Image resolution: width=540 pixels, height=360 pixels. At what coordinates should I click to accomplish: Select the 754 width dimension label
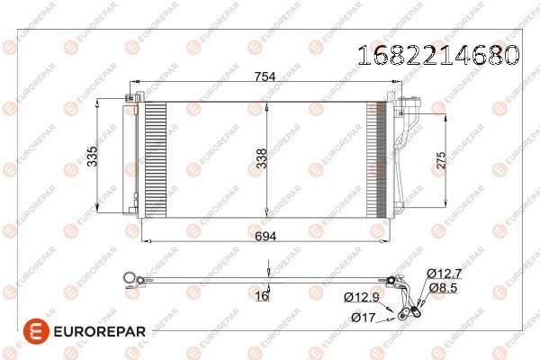[x=265, y=77]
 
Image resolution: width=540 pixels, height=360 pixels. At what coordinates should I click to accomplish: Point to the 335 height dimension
[x=93, y=158]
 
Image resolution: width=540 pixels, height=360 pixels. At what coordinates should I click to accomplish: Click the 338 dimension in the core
[x=259, y=158]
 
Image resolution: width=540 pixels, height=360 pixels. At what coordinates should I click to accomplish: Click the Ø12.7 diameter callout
[x=445, y=273]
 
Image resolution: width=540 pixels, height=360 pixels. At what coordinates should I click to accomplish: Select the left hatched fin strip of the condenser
[x=156, y=158]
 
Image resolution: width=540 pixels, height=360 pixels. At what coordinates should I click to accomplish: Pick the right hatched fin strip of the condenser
[x=376, y=158]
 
